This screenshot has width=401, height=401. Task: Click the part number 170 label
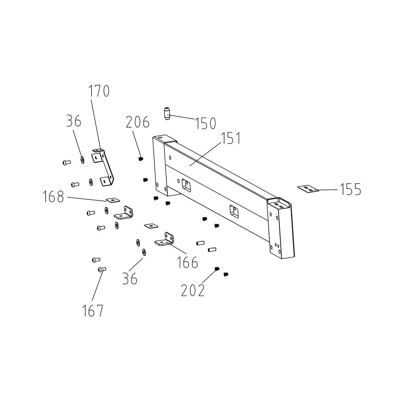pos(99,91)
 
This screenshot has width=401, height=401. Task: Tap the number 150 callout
pos(205,123)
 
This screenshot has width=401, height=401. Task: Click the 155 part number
pos(350,189)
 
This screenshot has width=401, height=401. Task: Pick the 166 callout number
pos(187,262)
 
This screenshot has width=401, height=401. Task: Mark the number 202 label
pos(193,290)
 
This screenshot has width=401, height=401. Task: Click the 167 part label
pos(93,310)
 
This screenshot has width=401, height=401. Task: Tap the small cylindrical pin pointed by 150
pos(167,113)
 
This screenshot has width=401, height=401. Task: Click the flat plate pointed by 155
pos(308,189)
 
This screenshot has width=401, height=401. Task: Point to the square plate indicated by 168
pos(113,199)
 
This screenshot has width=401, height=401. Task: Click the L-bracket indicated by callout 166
pos(164,240)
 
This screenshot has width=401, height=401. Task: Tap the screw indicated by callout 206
pos(140,159)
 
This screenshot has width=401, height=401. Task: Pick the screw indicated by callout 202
pos(217,269)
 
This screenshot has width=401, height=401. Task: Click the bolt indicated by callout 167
pos(102,269)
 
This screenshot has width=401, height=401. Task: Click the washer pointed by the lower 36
pos(144,252)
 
